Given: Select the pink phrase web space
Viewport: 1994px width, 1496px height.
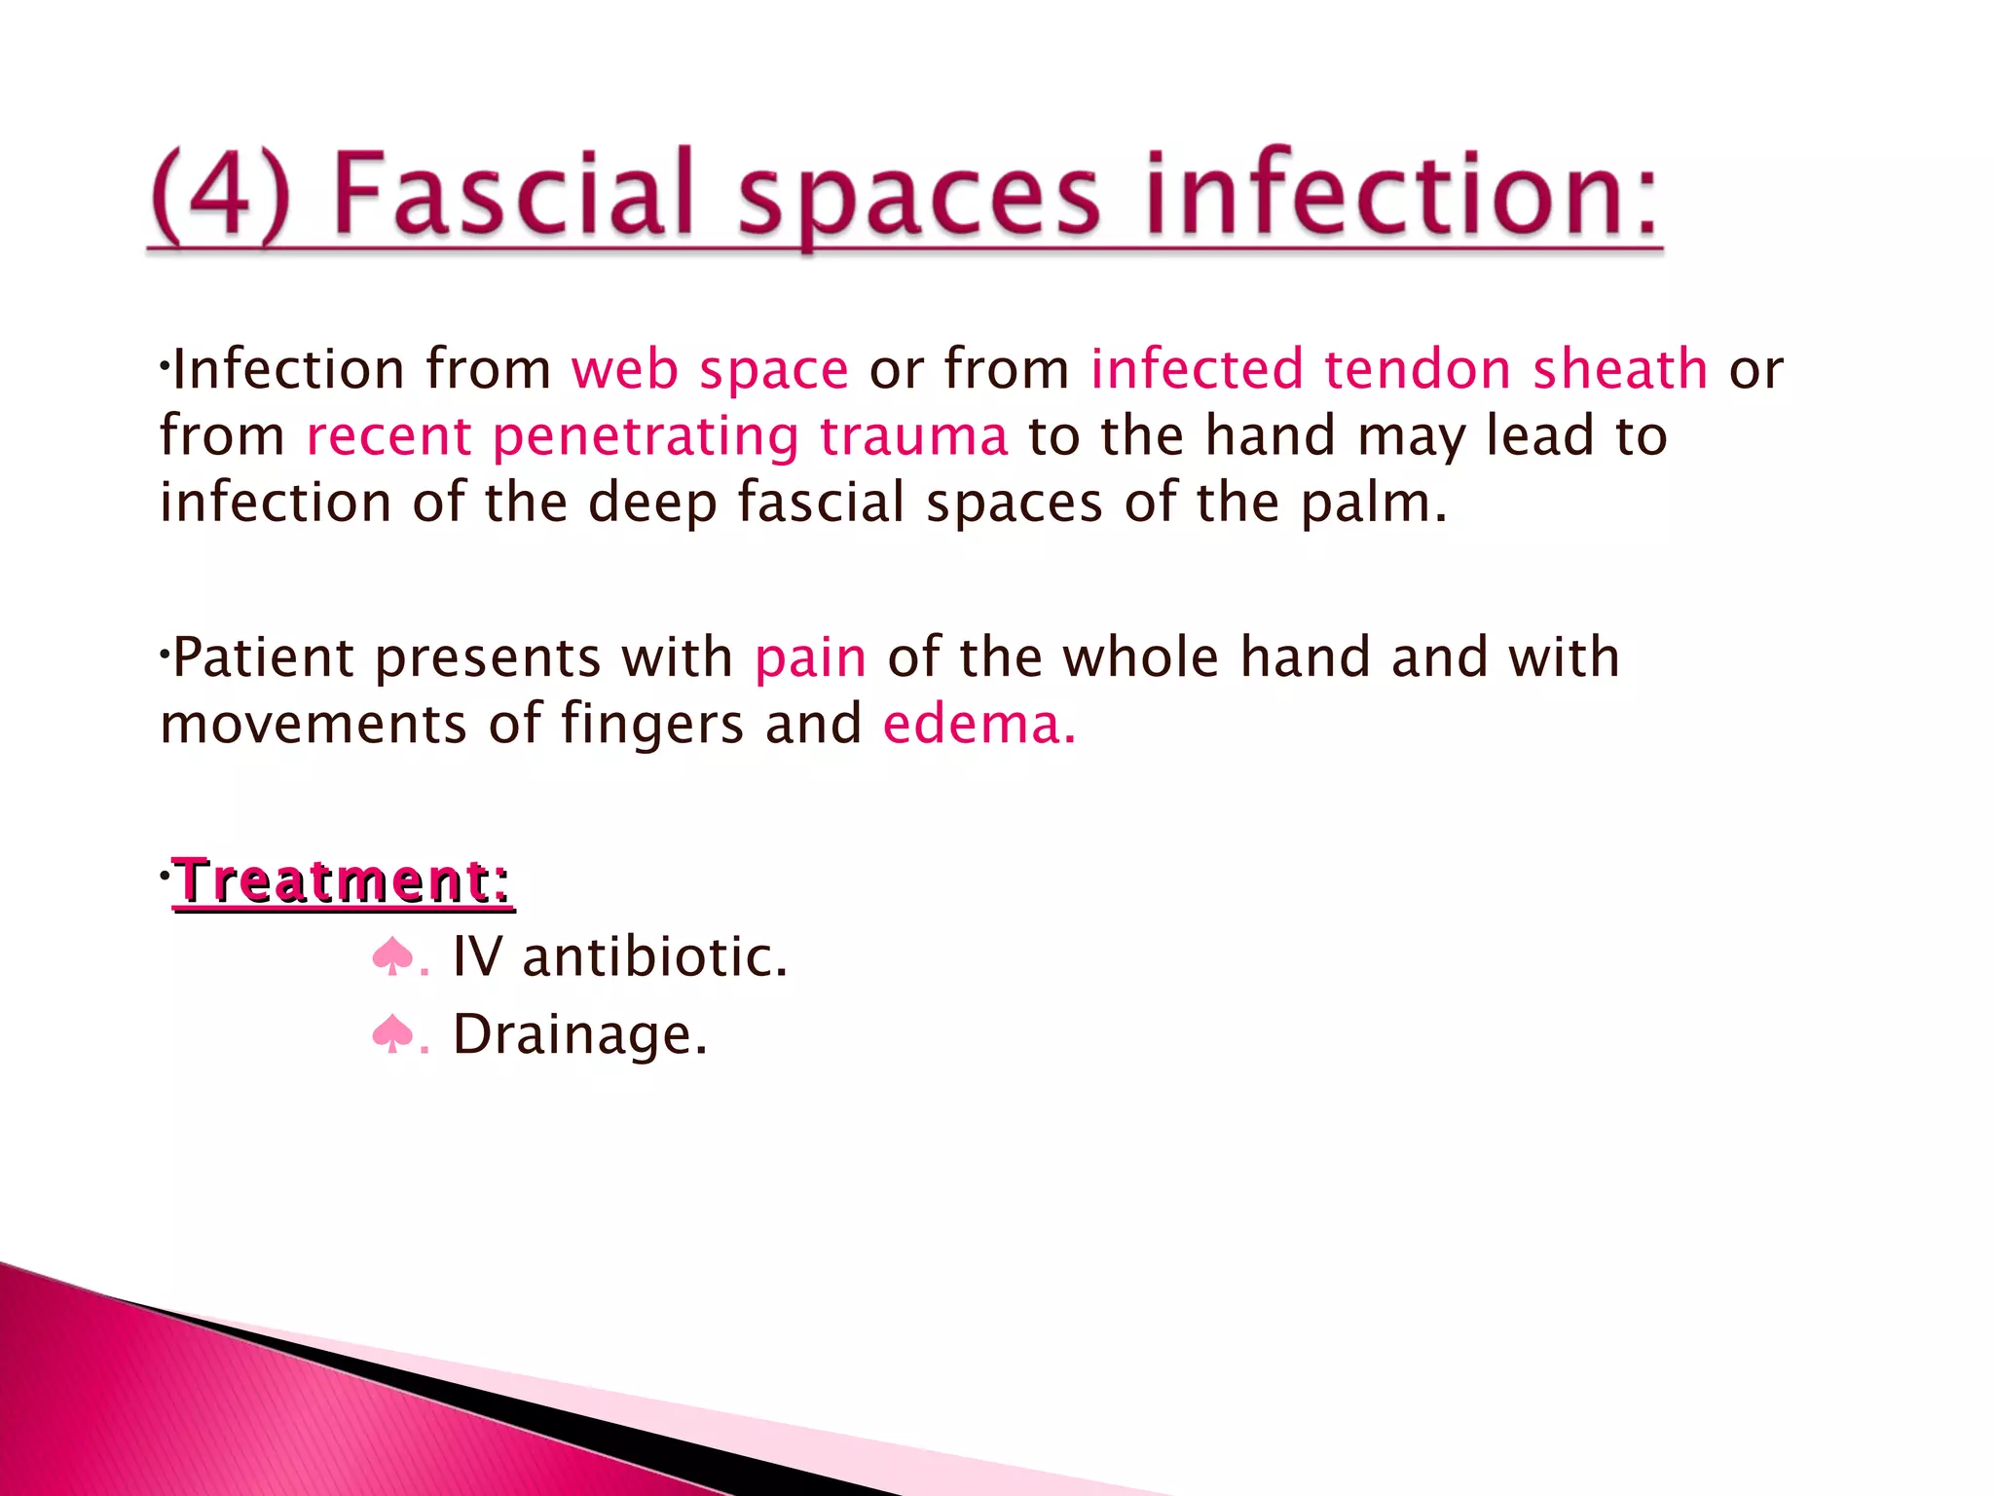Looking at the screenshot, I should click(710, 370).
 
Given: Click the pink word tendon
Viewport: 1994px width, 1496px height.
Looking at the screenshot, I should click(1418, 370).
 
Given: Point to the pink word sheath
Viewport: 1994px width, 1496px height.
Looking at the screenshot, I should click(1620, 370).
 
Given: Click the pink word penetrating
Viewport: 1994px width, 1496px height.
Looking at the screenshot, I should click(646, 436).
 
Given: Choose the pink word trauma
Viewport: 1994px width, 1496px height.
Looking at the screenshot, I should click(913, 436).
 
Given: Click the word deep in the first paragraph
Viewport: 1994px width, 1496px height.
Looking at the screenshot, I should click(651, 504).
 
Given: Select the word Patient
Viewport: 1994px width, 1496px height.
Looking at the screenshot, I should click(263, 657).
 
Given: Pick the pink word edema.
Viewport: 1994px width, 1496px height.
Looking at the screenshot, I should click(979, 725).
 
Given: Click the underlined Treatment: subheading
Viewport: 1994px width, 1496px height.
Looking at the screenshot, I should click(343, 881).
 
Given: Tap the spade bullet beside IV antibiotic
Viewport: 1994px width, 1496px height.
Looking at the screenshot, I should click(392, 956).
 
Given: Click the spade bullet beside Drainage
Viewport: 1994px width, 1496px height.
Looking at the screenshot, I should click(392, 1033).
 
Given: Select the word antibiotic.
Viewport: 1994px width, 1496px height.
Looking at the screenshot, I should click(654, 956).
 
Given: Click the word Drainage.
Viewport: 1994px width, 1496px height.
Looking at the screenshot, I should click(579, 1034).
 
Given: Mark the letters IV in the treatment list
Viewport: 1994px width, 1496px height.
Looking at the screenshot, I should click(477, 956).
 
